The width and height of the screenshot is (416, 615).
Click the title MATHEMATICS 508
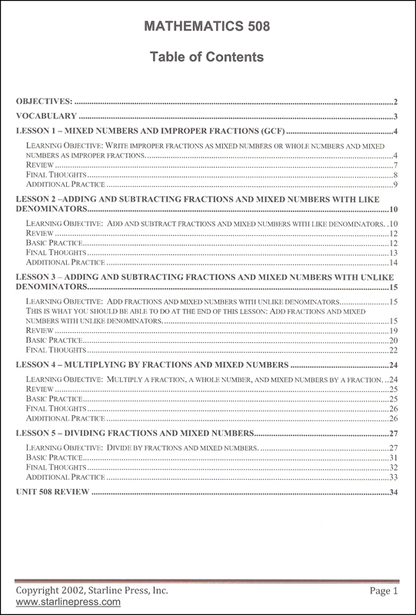tap(208, 28)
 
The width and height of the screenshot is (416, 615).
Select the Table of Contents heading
tap(208, 57)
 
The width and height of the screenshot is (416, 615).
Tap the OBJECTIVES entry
tap(45, 101)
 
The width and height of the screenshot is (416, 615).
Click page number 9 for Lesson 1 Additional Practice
tap(394, 184)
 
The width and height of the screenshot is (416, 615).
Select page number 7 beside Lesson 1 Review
tap(394, 165)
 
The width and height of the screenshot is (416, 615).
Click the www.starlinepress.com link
tap(68, 602)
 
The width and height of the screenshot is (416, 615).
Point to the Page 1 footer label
tap(383, 590)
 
